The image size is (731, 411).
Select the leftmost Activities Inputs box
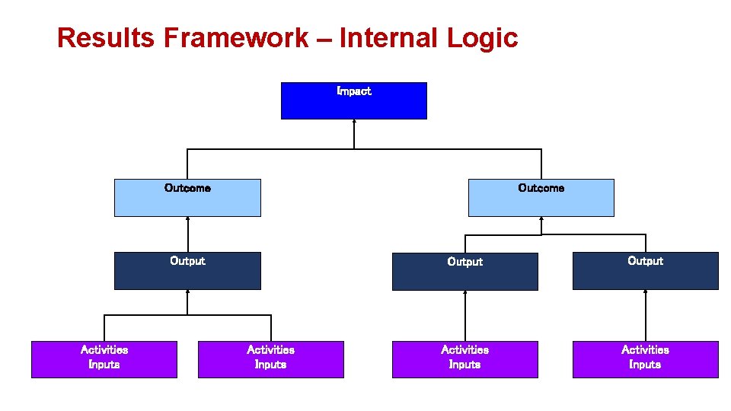coord(104,359)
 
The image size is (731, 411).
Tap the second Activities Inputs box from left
coord(270,359)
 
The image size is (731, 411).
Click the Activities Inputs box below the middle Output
coord(464,359)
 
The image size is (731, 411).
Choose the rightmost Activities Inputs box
coord(645,359)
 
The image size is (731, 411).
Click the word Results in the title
coord(107,37)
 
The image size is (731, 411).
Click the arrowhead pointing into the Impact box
coord(354,123)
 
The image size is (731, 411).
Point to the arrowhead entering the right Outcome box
coord(541,220)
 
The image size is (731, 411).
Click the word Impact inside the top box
coord(354,91)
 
